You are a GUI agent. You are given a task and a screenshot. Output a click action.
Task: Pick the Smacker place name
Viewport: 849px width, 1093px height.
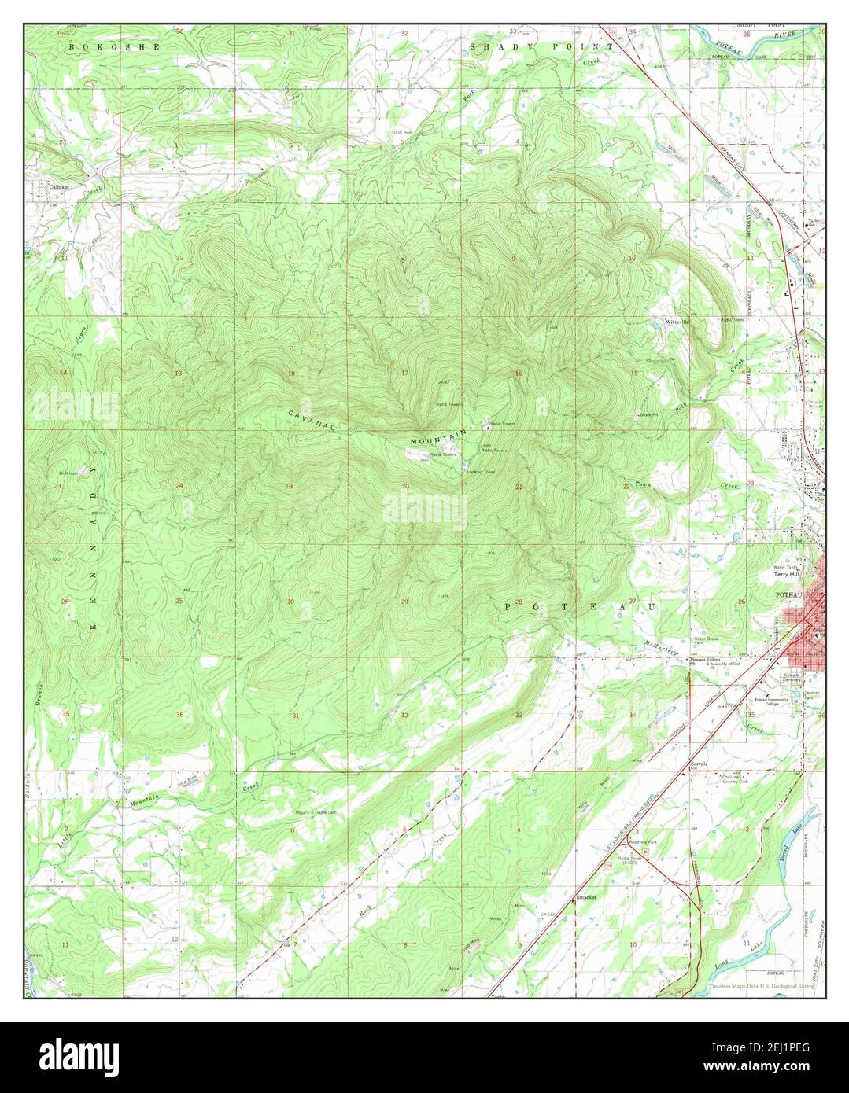click(587, 896)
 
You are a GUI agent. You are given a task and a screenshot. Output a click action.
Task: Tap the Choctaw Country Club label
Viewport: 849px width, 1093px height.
click(787, 779)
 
